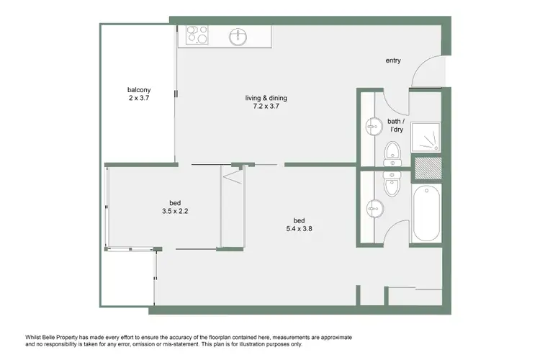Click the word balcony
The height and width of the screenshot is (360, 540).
coord(138,90)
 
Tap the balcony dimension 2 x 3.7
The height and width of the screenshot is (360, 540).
coord(138,99)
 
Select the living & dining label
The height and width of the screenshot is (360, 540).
coord(266,98)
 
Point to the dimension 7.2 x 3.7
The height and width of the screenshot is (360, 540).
coord(266,107)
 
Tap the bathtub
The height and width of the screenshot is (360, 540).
coord(427,214)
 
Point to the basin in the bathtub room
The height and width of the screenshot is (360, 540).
coord(373,207)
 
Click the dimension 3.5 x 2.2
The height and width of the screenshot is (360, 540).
coord(175,212)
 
